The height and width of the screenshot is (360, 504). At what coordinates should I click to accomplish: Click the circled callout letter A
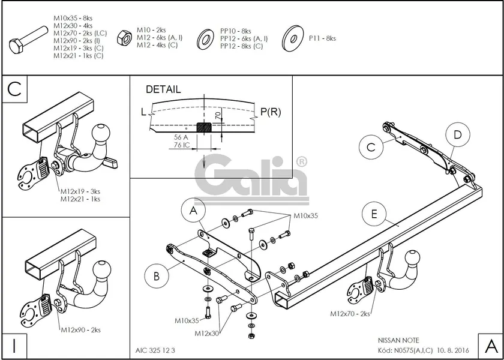click(193, 211)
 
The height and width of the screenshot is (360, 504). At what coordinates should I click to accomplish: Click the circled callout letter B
click(155, 276)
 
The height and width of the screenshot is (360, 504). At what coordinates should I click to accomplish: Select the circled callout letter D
click(457, 136)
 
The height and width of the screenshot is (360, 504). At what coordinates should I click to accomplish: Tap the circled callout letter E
click(374, 213)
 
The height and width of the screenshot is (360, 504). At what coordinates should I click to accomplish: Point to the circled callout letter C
click(371, 146)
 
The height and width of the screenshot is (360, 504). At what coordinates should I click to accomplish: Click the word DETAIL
click(163, 89)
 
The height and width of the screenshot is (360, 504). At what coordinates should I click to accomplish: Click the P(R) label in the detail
click(271, 112)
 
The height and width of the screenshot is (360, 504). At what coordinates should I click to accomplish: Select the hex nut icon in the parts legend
click(124, 37)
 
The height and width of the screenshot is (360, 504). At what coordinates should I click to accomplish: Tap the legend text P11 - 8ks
click(322, 38)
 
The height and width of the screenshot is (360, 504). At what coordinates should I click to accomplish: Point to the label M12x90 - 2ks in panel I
click(80, 329)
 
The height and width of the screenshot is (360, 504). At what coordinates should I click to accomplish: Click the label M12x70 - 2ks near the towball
click(350, 313)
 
